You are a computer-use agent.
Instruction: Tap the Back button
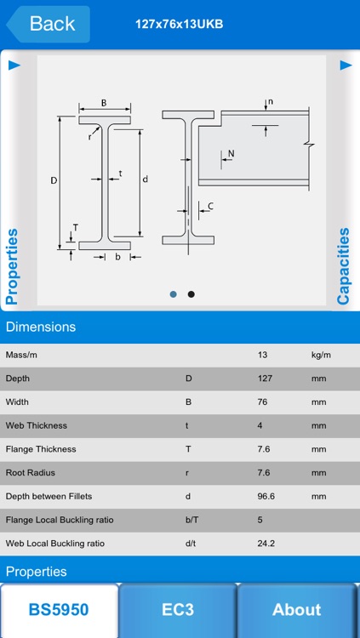pos(48,24)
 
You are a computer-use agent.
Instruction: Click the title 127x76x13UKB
pos(180,24)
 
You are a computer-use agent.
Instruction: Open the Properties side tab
pos(12,265)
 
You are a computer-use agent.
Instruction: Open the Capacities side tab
pos(344,265)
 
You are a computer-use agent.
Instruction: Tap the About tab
pos(296,609)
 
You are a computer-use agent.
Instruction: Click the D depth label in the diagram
pos(54,180)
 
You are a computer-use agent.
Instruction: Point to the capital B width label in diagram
pos(104,103)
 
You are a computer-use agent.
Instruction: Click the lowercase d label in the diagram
pos(146,179)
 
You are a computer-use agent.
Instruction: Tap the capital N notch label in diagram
pos(231,154)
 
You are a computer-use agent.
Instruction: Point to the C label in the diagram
pos(210,206)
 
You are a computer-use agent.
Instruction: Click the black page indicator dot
pos(191,294)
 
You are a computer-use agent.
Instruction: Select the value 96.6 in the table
pos(269,496)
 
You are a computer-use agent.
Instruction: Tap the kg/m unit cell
pos(321,355)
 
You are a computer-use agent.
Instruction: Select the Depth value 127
pos(266,379)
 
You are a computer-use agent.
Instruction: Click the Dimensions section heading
pos(41,327)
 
